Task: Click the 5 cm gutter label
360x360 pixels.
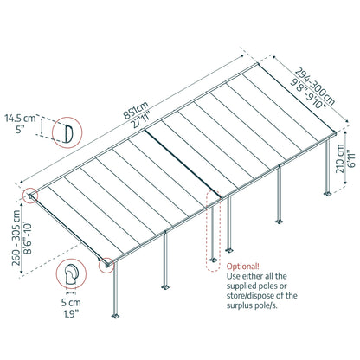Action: point(70,304)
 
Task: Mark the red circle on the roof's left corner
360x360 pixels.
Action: point(31,196)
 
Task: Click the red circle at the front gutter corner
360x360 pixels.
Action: point(108,266)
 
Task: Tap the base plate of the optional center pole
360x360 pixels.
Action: point(213,259)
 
